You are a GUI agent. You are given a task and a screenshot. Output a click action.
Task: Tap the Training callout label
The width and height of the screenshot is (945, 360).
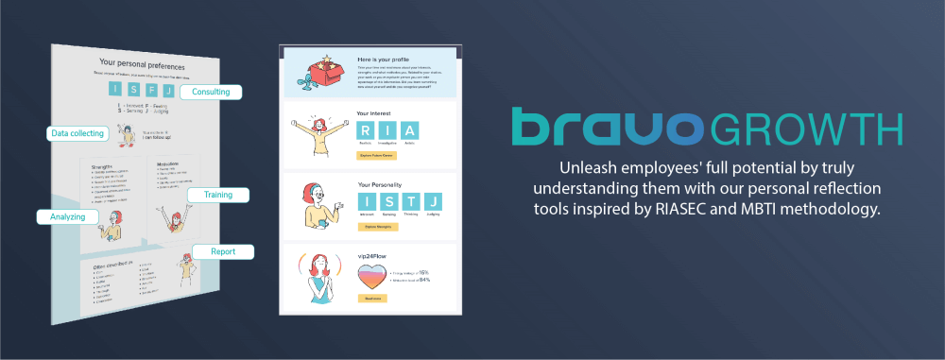click(217, 195)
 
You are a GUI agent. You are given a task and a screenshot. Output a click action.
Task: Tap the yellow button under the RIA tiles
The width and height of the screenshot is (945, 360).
click(377, 155)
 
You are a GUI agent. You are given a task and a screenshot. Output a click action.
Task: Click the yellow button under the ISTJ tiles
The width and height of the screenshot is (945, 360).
click(377, 227)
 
